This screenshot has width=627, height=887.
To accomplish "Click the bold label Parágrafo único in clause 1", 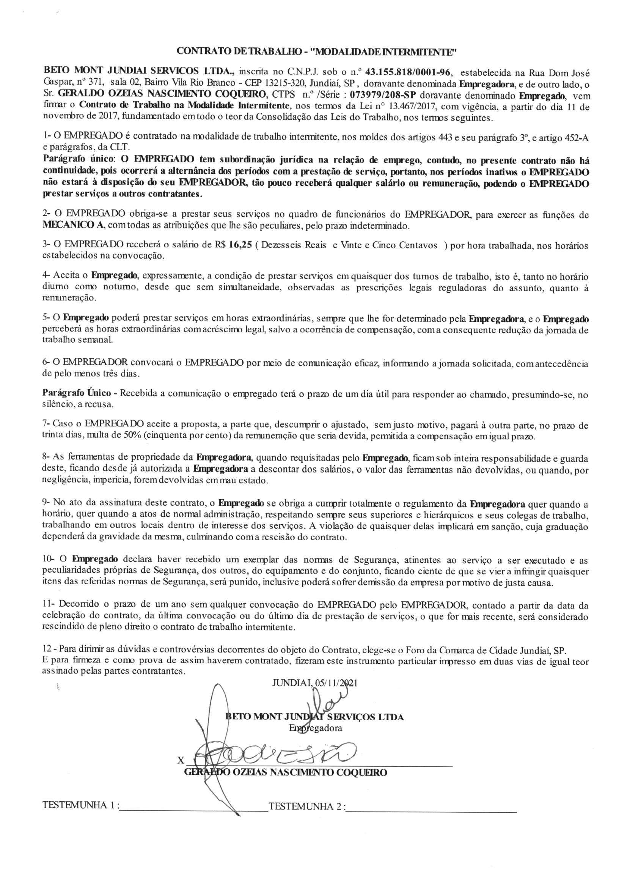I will [79, 160].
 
